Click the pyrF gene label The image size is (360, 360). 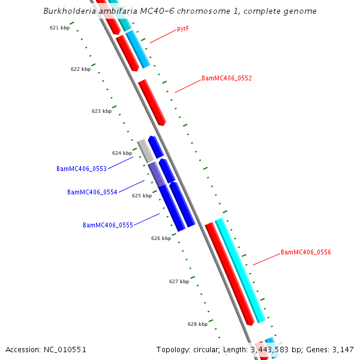(x=183, y=28)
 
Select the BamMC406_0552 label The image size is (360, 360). (x=226, y=78)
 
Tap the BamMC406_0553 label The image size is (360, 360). (x=82, y=169)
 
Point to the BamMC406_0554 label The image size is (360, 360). (x=92, y=192)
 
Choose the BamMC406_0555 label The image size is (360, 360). (x=107, y=225)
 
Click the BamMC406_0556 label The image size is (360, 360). (x=306, y=252)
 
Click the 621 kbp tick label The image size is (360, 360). (x=59, y=28)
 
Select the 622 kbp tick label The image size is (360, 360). (x=80, y=69)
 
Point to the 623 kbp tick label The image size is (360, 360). (x=101, y=111)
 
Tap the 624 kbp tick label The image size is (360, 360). (x=122, y=153)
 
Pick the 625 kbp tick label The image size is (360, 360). (x=142, y=196)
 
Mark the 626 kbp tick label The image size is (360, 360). (x=161, y=238)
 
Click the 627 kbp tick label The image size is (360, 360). (x=179, y=281)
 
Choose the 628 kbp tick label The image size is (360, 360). (x=197, y=324)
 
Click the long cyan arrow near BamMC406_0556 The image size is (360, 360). (x=240, y=270)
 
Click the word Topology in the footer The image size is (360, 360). (x=173, y=349)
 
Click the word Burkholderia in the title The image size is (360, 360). (x=69, y=11)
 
